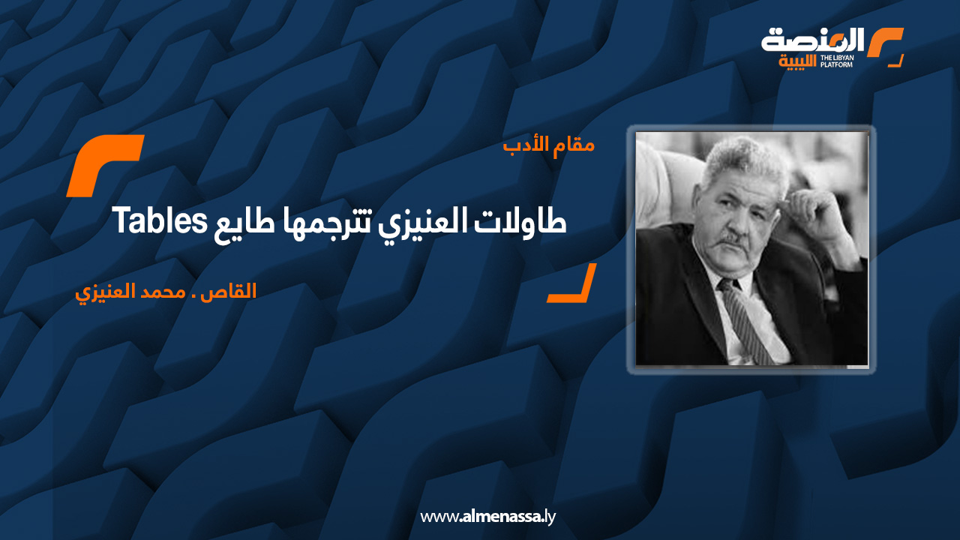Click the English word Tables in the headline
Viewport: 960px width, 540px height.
click(x=160, y=220)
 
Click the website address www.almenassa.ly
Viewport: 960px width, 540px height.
click(x=487, y=517)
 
